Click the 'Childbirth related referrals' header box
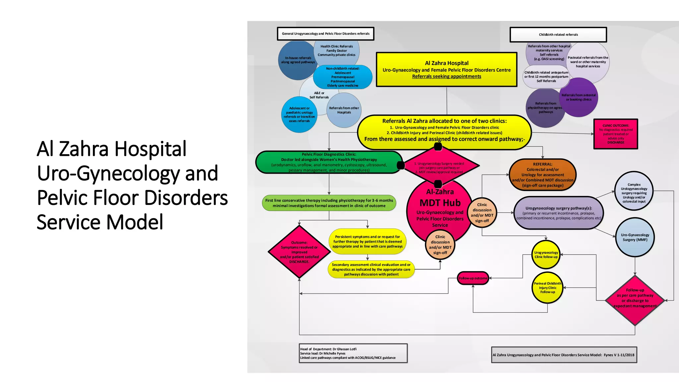pos(558,34)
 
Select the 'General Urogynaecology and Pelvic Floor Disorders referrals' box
pos(326,34)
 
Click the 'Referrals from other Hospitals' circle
pos(344,110)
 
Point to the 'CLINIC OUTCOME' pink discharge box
pos(616,134)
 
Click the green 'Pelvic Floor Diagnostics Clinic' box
pos(329,162)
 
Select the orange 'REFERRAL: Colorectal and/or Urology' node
pos(542,175)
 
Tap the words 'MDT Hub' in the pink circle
pos(440,203)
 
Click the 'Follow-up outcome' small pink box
pos(473,278)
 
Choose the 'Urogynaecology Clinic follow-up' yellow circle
pos(546,255)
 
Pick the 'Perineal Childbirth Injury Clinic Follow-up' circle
pos(547,287)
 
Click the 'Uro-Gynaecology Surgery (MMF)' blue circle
pos(635,237)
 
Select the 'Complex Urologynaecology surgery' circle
pos(634,191)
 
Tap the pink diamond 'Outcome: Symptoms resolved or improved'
pos(299,252)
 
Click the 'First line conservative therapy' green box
pos(329,203)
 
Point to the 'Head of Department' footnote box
pos(353,353)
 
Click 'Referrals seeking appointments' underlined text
pos(447,76)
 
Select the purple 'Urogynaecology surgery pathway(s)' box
pos(558,213)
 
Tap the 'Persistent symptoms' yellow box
pos(367,241)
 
